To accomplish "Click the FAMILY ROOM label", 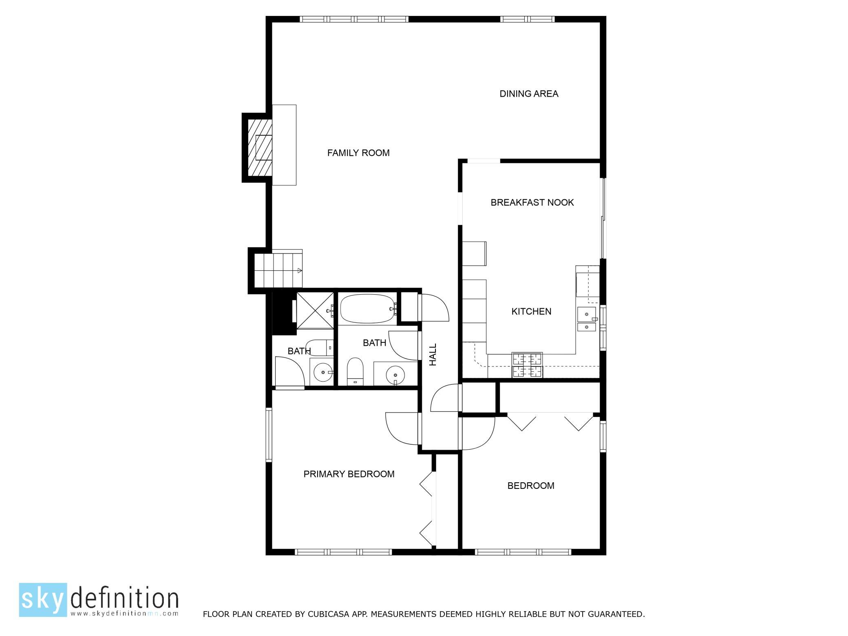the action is pyautogui.click(x=358, y=153).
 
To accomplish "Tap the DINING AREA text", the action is pyautogui.click(x=529, y=94).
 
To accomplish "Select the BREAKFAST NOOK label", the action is pyautogui.click(x=532, y=203).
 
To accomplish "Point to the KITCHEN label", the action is pyautogui.click(x=531, y=311).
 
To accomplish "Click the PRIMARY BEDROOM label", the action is pyautogui.click(x=349, y=474).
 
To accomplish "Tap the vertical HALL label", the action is pyautogui.click(x=433, y=354).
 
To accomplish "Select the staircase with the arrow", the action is pyautogui.click(x=278, y=269).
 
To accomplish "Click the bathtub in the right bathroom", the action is pyautogui.click(x=368, y=309).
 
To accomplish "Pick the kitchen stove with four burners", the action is pyautogui.click(x=528, y=365).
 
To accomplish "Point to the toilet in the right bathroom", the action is pyautogui.click(x=355, y=371).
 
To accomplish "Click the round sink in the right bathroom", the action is pyautogui.click(x=395, y=374).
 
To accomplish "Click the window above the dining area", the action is pyautogui.click(x=528, y=19).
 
